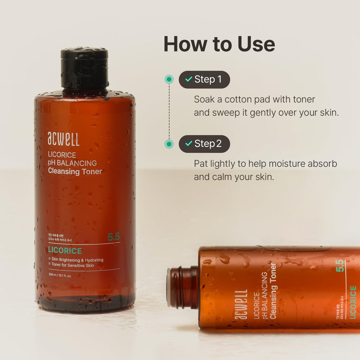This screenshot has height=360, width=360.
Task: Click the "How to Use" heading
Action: (x=219, y=44)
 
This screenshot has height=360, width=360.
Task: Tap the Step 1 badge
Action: (x=204, y=80)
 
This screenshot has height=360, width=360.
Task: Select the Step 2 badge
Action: (x=204, y=144)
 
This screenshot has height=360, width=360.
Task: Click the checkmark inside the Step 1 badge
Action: (x=189, y=80)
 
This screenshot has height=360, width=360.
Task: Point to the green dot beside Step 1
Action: (x=169, y=80)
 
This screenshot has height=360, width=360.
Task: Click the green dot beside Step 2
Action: (x=169, y=144)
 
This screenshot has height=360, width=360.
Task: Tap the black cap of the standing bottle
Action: (x=84, y=68)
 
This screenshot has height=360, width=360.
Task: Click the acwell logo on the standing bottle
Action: (x=63, y=139)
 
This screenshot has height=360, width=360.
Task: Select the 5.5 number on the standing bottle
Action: (x=113, y=237)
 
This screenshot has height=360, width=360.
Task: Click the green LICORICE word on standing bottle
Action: (x=65, y=251)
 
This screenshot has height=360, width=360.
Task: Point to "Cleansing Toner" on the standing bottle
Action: (x=75, y=171)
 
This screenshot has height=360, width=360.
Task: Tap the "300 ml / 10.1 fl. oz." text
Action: (x=60, y=276)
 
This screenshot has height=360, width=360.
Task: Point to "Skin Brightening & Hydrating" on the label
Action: (x=77, y=260)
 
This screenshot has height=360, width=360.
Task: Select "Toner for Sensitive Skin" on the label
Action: (x=72, y=265)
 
